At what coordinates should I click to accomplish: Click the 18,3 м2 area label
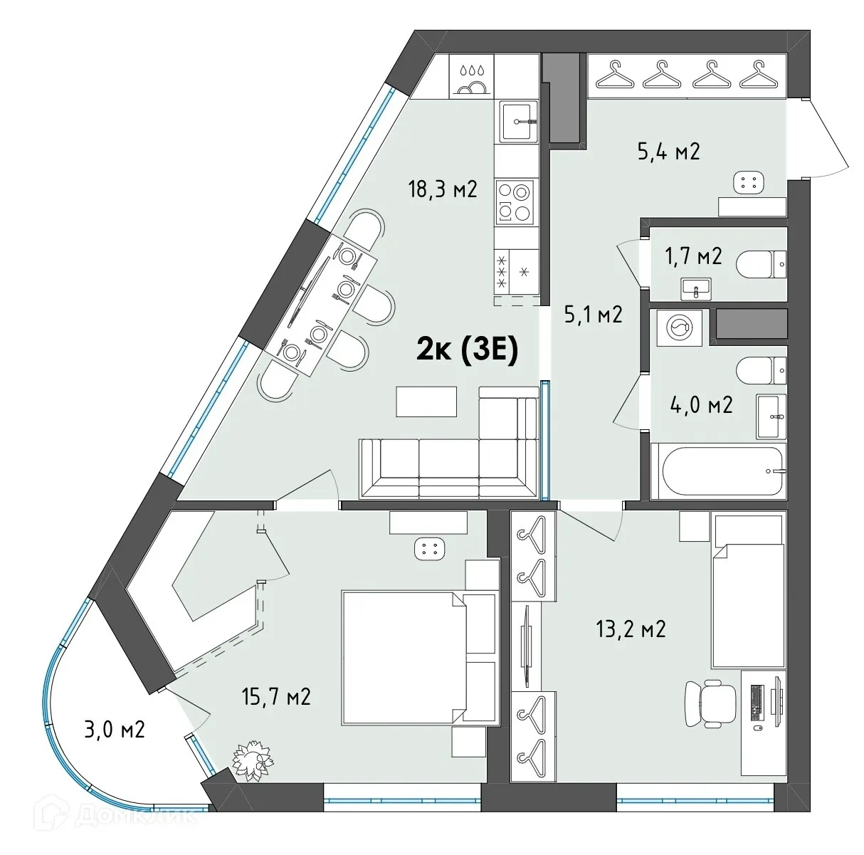point(441,189)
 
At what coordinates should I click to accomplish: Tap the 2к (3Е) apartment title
point(466,350)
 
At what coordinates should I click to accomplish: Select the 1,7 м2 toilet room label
point(693,255)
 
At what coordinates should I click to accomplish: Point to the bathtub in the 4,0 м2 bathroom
point(723,471)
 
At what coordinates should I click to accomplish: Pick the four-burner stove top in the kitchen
point(514,202)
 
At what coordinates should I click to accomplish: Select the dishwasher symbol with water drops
point(472,78)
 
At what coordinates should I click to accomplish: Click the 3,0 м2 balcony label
point(115,729)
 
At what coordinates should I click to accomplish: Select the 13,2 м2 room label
point(631,629)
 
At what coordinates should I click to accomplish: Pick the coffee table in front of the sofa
point(426,401)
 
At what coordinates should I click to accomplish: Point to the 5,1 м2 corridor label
point(593,314)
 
